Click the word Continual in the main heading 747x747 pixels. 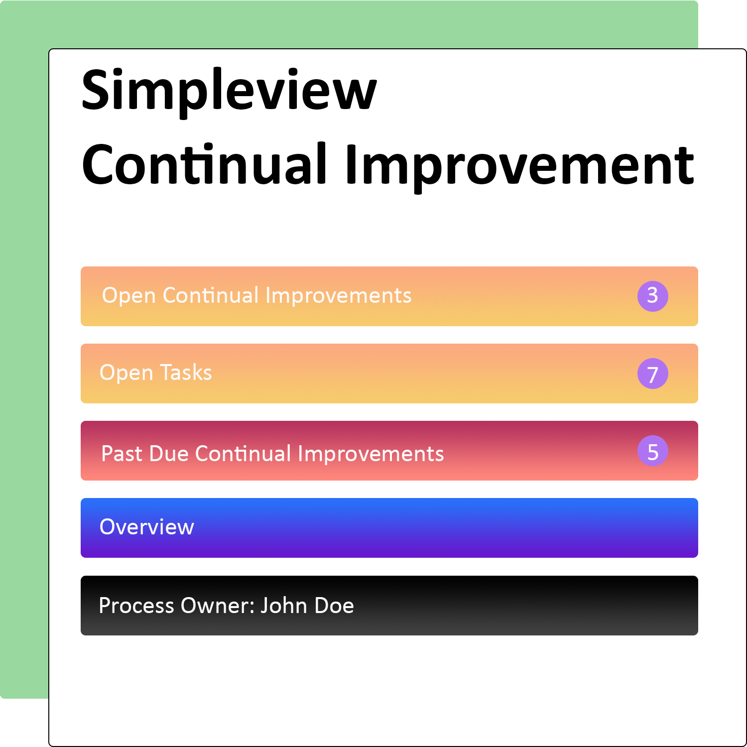pos(204,164)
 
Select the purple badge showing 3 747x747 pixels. pos(652,296)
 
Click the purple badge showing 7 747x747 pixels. pos(652,373)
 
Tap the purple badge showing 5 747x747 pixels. pos(652,451)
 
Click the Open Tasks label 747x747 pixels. pos(155,373)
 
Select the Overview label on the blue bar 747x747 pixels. pos(146,527)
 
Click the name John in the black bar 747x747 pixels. pos(284,606)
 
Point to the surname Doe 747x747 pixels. pos(334,606)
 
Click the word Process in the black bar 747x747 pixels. pos(136,606)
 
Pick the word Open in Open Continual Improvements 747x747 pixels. pos(129,296)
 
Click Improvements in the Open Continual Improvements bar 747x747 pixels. pos(338,296)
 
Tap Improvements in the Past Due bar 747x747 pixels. pos(371,454)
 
